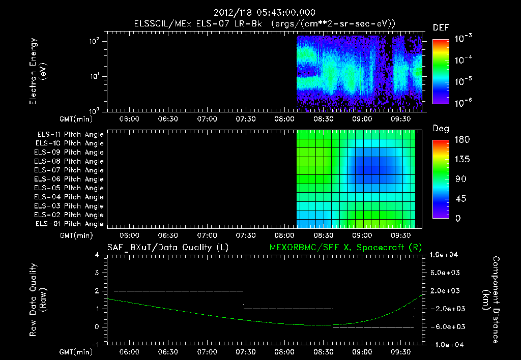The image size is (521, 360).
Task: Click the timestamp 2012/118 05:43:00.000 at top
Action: [260, 13]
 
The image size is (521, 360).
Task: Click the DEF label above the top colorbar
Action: [441, 28]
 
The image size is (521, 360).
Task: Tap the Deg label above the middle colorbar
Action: [441, 129]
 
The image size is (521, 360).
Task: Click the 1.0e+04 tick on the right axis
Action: [445, 255]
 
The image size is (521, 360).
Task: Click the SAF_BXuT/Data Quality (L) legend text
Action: [167, 248]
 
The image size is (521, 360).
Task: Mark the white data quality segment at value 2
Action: [179, 291]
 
